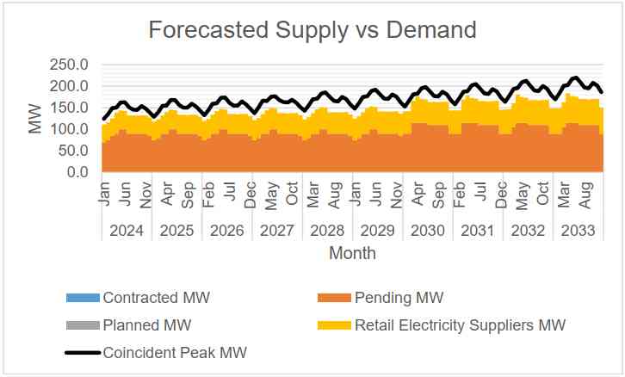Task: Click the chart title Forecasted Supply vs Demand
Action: pos(312,30)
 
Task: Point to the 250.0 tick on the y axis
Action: pos(71,65)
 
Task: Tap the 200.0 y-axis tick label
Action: pos(71,87)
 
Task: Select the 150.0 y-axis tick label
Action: pos(71,108)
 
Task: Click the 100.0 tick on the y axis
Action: pos(71,130)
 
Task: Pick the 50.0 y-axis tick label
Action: pos(75,151)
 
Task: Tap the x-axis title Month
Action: pos(352,254)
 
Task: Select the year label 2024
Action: pos(127,231)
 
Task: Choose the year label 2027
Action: pos(277,231)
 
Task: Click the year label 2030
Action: pos(428,231)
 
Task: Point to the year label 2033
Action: pos(578,231)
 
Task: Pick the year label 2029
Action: pos(377,231)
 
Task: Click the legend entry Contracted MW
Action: pos(156,299)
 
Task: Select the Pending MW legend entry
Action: pos(399,299)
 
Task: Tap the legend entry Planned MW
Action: pos(146,325)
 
